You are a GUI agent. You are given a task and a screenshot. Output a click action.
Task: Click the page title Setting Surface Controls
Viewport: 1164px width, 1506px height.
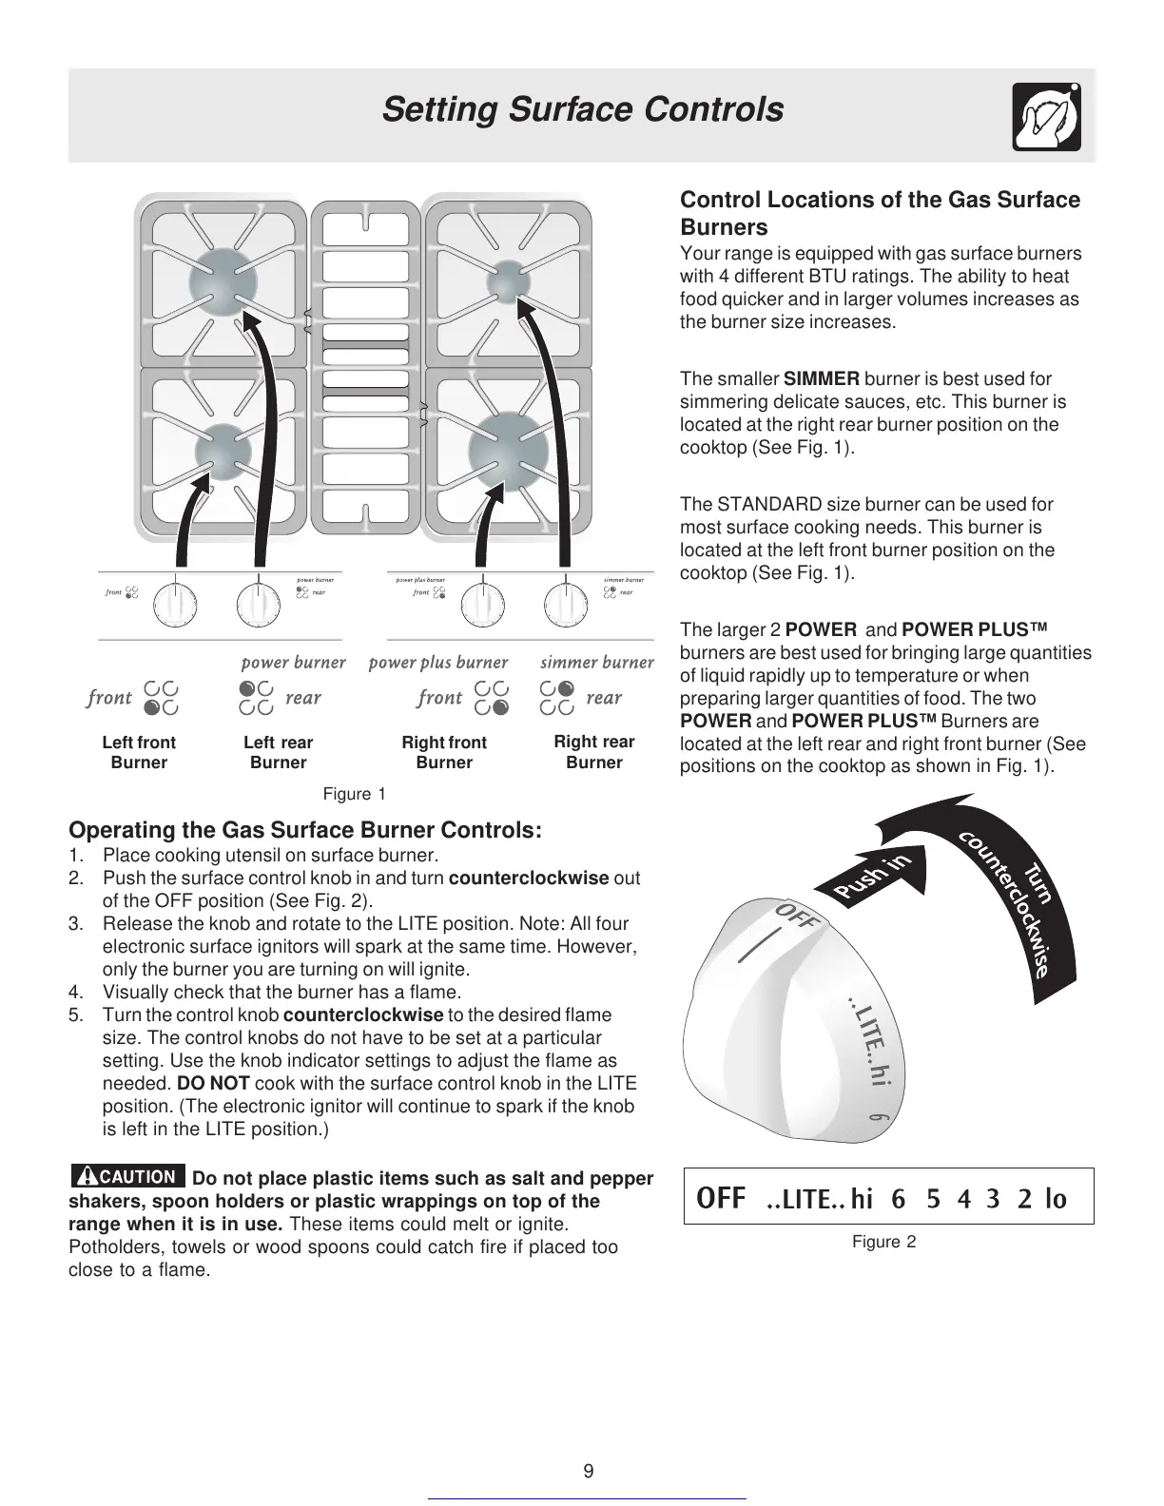click(x=582, y=110)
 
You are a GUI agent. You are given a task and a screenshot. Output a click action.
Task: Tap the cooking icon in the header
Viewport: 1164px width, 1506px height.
click(x=1046, y=117)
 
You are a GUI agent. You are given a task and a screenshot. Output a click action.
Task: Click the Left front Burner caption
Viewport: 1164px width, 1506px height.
click(x=139, y=752)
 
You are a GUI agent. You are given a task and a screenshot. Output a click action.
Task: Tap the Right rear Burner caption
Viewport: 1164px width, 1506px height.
click(x=594, y=752)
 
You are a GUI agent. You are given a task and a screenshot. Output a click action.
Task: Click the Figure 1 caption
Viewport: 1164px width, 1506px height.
click(x=355, y=794)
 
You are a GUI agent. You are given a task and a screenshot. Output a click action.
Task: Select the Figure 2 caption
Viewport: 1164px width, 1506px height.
click(x=883, y=1242)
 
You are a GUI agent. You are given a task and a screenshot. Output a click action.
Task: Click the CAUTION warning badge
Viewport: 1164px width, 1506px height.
click(x=127, y=1177)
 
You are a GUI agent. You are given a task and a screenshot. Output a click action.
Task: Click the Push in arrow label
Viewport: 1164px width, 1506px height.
click(x=872, y=877)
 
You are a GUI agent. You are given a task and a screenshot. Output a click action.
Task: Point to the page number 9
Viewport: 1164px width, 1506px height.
click(x=589, y=1472)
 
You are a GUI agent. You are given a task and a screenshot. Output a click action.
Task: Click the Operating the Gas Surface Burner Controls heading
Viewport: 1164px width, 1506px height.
click(x=305, y=830)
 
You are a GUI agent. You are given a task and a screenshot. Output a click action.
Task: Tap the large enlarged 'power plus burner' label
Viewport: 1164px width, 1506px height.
click(x=438, y=663)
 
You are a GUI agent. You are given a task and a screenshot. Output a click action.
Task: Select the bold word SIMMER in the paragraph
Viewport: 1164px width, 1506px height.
click(x=822, y=379)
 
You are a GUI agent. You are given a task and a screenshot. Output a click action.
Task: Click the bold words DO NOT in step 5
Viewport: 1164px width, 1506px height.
click(x=213, y=1084)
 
